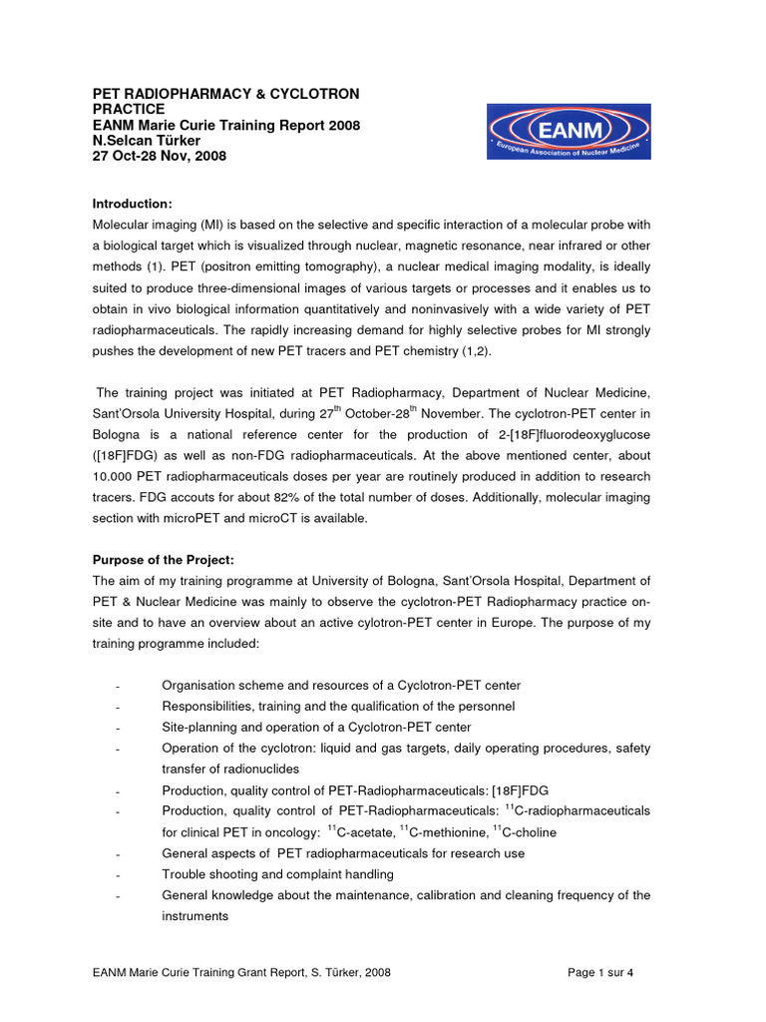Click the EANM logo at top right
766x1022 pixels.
tap(569, 133)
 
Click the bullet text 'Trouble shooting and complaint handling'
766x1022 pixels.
tap(277, 874)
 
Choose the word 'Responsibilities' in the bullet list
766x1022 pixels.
tap(207, 706)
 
